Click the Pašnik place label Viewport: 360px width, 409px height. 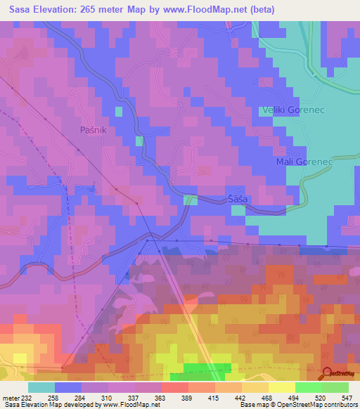point(94,130)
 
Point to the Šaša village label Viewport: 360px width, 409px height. point(238,200)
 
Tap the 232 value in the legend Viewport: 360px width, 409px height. point(27,397)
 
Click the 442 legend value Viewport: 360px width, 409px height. point(241,397)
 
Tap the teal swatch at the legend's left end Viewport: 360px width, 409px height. point(41,387)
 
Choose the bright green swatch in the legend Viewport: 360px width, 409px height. point(308,387)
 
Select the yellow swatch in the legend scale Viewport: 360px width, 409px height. point(281,387)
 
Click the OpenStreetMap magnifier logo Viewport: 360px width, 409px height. point(328,372)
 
